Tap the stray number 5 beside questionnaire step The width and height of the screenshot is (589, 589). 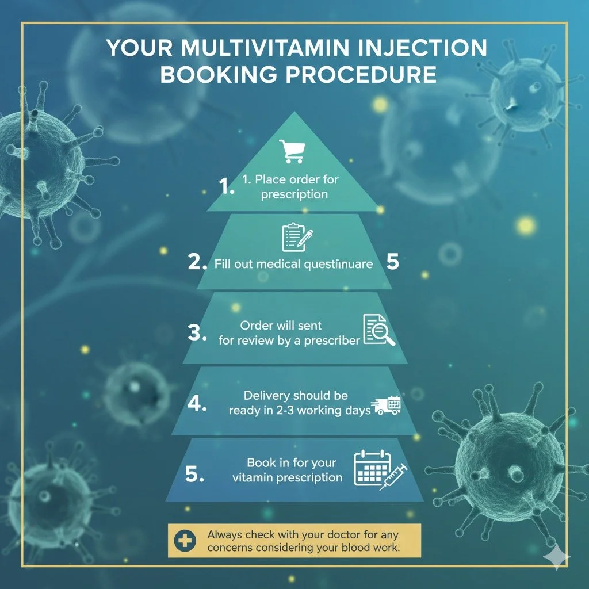click(393, 262)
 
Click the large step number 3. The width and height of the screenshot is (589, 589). click(197, 333)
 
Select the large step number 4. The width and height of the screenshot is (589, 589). click(197, 404)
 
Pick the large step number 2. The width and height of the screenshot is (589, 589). click(197, 263)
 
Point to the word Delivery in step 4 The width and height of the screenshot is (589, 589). click(267, 396)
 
